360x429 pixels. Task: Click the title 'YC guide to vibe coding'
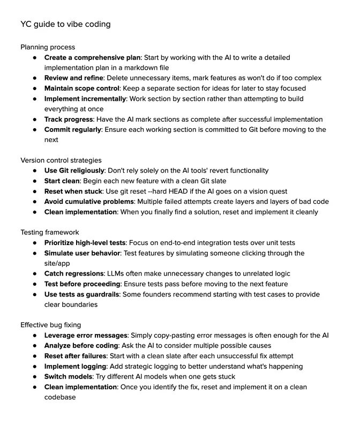(x=66, y=24)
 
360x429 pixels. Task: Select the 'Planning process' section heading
(x=48, y=47)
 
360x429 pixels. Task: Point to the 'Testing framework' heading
(x=49, y=232)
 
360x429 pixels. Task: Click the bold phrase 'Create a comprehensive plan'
(x=92, y=57)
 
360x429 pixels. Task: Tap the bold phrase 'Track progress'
(x=69, y=119)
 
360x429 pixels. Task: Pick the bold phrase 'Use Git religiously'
(x=74, y=171)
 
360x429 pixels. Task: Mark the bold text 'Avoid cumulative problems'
(x=89, y=201)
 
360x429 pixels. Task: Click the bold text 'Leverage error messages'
(x=86, y=335)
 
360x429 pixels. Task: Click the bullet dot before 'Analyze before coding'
(x=35, y=345)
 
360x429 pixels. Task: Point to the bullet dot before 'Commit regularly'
(x=35, y=129)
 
